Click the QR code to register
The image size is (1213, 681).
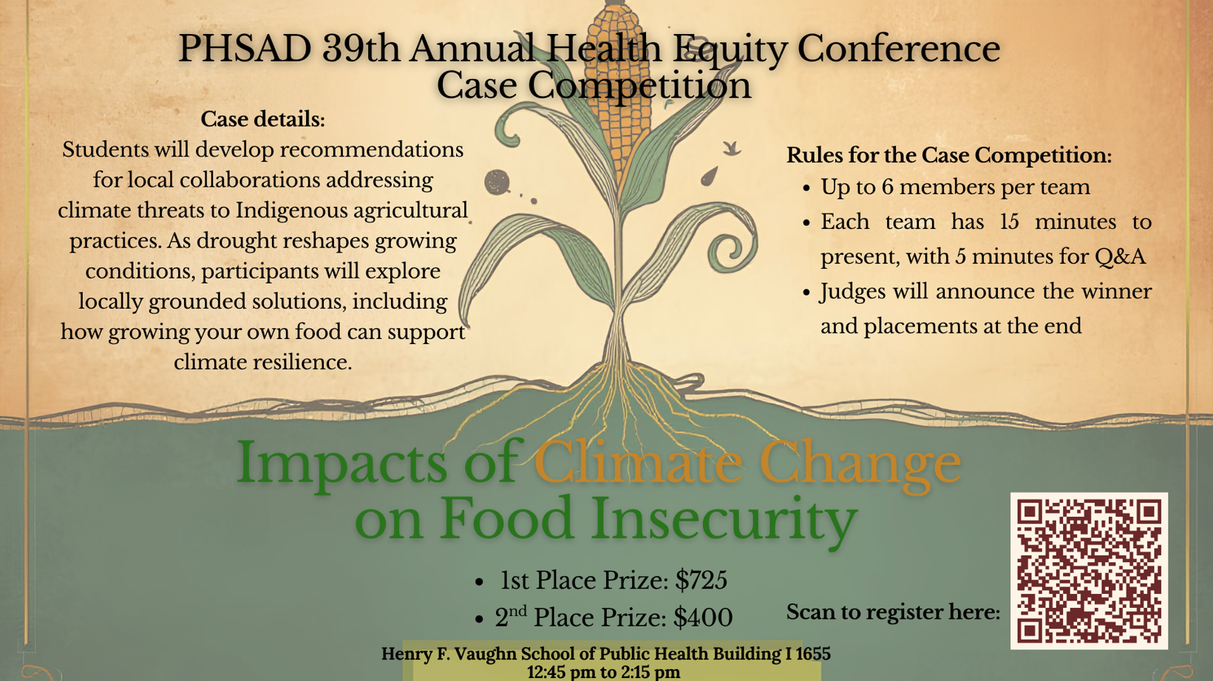coord(1089,571)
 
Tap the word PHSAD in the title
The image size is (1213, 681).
coord(245,49)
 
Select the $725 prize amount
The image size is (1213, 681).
coord(701,581)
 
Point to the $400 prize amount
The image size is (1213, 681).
coord(703,617)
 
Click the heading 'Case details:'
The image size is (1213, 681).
coord(262,119)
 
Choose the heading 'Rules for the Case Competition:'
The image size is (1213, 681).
coord(948,155)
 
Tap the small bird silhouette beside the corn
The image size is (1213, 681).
coord(731,148)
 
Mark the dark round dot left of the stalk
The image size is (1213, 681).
coord(497,182)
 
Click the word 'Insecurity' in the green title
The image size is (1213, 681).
coord(724,519)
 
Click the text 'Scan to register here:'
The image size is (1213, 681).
coord(893,612)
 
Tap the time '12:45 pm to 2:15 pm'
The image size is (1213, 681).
coord(604,672)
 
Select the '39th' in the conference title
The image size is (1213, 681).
coord(361,49)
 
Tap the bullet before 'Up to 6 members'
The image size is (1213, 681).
coord(807,188)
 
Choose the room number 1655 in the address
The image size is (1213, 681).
coord(812,654)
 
